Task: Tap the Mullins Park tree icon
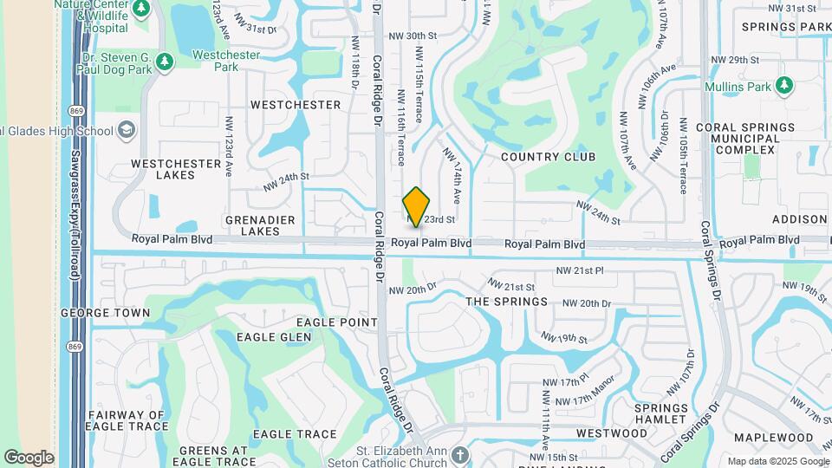[x=784, y=85]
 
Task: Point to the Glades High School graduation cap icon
[x=127, y=130]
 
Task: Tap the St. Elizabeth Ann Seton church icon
[x=460, y=453]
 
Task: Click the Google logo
[x=29, y=457]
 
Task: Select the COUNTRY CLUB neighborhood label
[x=549, y=157]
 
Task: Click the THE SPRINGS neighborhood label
[x=507, y=302]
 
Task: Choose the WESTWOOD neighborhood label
[x=612, y=432]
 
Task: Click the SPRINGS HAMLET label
[x=661, y=413]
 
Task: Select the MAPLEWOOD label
[x=768, y=438]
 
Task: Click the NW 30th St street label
[x=413, y=36]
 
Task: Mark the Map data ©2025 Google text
[x=777, y=461]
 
